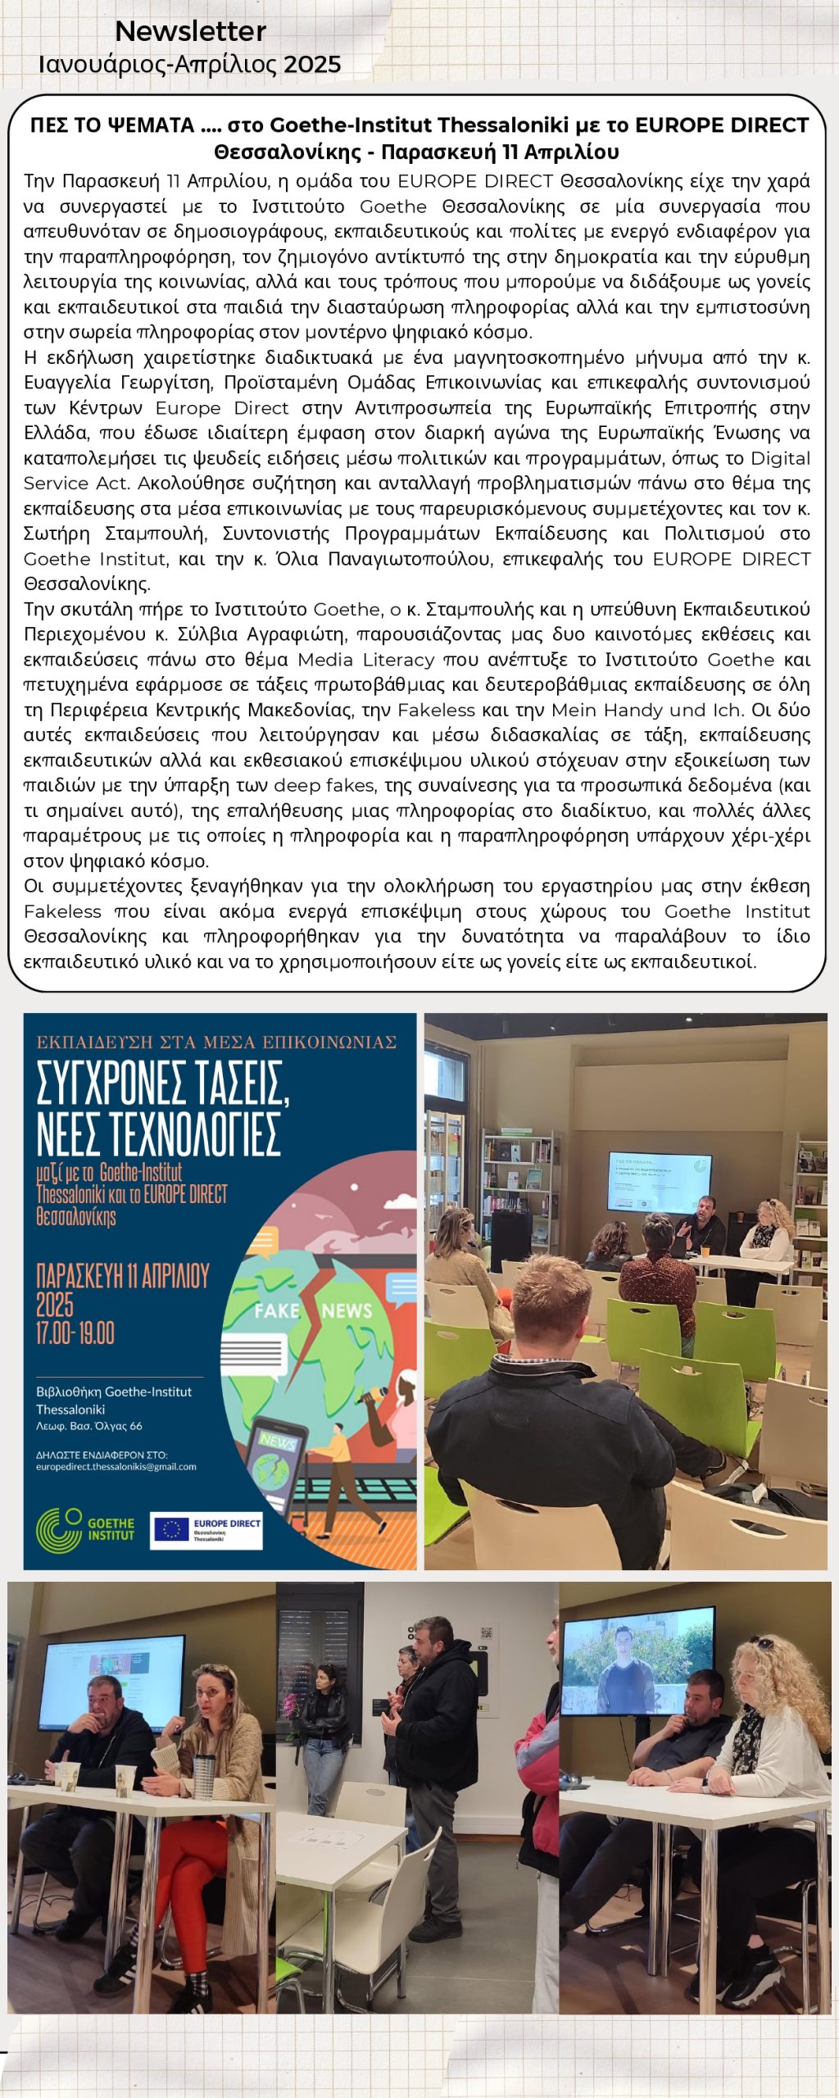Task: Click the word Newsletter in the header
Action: click(x=190, y=31)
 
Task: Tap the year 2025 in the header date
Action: click(x=312, y=65)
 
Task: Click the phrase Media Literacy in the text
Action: click(x=365, y=660)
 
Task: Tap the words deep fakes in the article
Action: click(x=325, y=785)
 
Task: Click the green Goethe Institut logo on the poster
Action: click(x=84, y=1529)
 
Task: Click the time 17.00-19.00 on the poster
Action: click(x=75, y=1333)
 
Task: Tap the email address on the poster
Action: click(x=116, y=1466)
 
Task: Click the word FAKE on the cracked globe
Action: click(x=276, y=1310)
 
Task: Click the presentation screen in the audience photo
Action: click(x=660, y=1181)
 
